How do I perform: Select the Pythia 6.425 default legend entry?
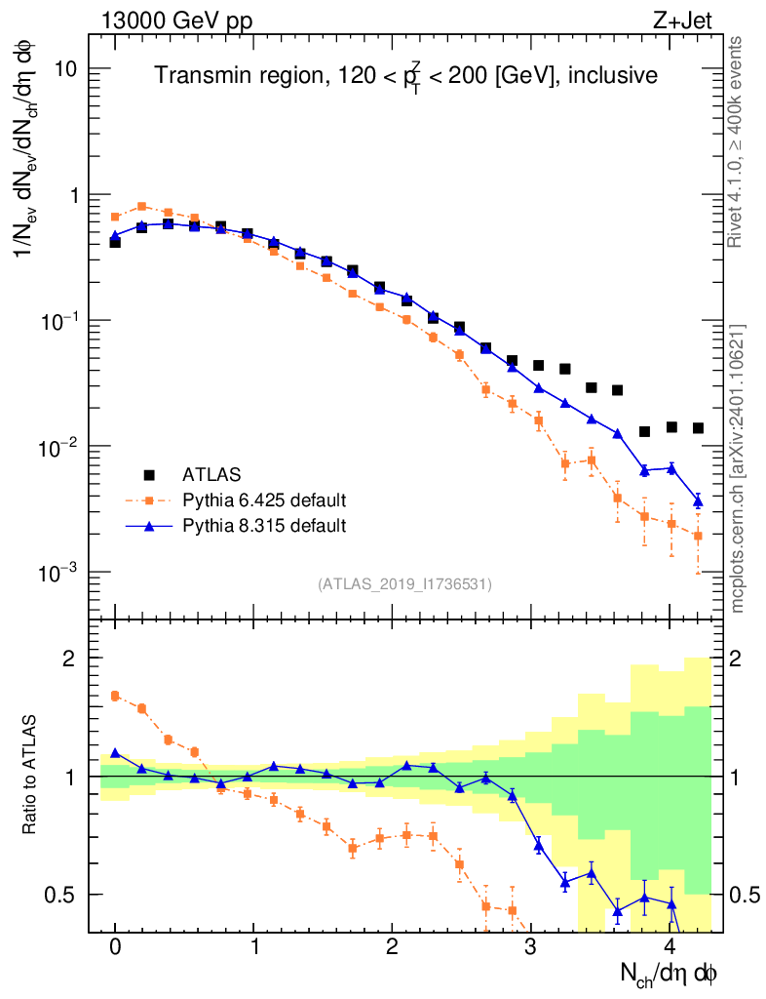[x=264, y=500]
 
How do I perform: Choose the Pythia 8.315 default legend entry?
[x=264, y=526]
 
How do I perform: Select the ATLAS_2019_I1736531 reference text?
[x=404, y=584]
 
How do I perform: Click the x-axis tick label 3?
[x=531, y=946]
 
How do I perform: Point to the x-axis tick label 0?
[x=115, y=946]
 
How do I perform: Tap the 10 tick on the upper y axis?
[x=66, y=69]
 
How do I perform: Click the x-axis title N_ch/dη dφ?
[x=670, y=974]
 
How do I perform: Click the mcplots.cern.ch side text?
[x=738, y=468]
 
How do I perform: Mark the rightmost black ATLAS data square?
[x=698, y=428]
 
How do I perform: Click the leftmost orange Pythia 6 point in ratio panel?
[x=115, y=696]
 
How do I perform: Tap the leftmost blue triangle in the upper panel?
[x=115, y=236]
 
